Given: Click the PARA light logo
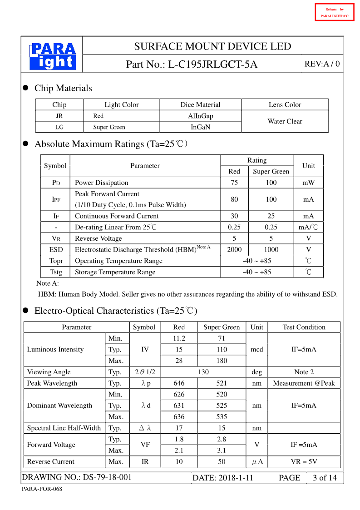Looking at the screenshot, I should (52, 56).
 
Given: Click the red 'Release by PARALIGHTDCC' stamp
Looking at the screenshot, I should (334, 12).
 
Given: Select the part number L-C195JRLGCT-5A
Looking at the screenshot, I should (212, 64).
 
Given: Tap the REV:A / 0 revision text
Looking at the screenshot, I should (322, 64).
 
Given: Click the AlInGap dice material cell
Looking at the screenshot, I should (200, 116).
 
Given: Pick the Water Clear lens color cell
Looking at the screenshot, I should (285, 121).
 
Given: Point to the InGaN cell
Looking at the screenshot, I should (200, 127).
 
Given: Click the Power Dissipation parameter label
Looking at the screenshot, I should (101, 183).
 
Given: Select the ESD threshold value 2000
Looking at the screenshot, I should (234, 249).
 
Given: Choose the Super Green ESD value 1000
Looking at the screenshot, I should (271, 249).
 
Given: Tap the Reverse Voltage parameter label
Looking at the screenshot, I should (98, 238).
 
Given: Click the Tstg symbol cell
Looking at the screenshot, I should (55, 272).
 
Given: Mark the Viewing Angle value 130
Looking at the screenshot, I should (203, 372).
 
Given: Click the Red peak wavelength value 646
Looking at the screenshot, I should (179, 383).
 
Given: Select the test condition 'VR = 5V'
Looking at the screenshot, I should (304, 462).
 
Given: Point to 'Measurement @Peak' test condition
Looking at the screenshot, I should (304, 383).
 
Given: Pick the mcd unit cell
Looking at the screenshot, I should (256, 350).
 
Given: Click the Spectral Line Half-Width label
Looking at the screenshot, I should (64, 428).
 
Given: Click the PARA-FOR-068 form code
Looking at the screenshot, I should (42, 489).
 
